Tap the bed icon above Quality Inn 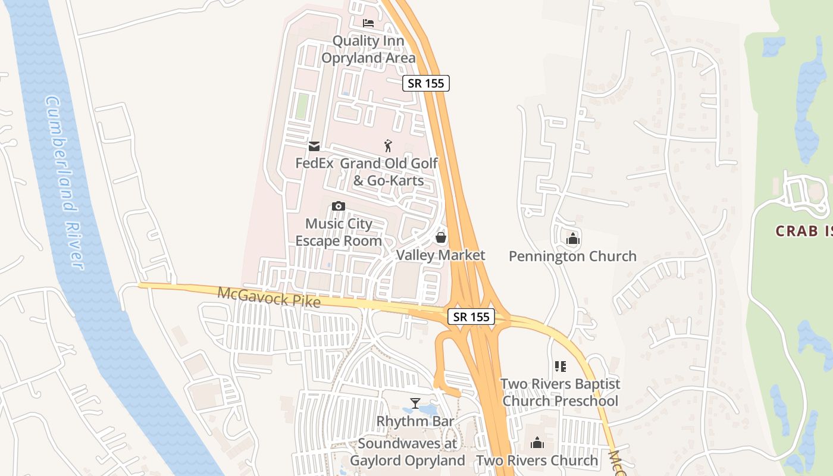(368, 23)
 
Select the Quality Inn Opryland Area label (368, 49)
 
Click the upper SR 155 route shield (426, 83)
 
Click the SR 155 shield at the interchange (471, 317)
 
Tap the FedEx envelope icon (314, 146)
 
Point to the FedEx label (314, 163)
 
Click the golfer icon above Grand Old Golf (389, 145)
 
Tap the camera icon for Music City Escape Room (339, 206)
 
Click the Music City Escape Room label (339, 233)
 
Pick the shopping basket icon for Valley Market (441, 238)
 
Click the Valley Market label (441, 255)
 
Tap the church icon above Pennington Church (573, 239)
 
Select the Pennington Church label (573, 256)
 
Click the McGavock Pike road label (269, 297)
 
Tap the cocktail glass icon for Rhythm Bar (415, 404)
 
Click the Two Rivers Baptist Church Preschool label (560, 393)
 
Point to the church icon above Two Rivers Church (537, 443)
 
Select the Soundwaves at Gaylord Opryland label (408, 452)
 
